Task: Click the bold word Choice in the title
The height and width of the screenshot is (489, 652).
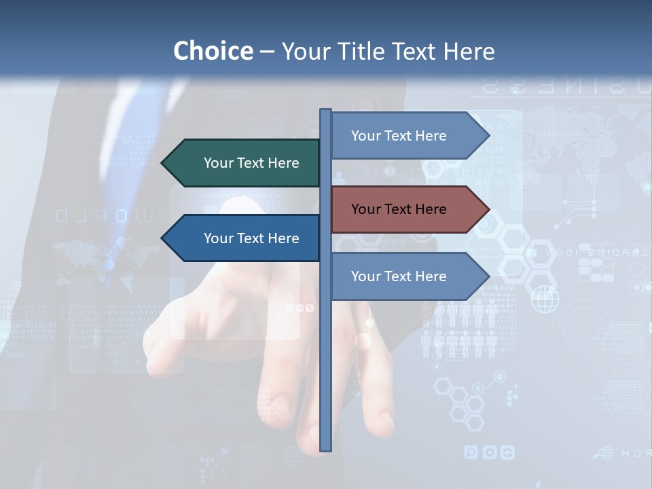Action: tap(213, 51)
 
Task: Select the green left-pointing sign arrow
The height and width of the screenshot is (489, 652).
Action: tap(241, 163)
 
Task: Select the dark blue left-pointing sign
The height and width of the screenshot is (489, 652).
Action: tap(241, 238)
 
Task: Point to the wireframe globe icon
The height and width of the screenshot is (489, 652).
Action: tap(545, 300)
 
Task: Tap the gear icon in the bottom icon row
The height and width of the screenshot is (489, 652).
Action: tap(489, 452)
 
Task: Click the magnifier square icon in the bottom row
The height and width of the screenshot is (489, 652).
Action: tap(471, 452)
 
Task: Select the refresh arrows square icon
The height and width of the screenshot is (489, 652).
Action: tap(507, 452)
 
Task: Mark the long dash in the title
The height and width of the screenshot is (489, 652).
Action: tap(267, 52)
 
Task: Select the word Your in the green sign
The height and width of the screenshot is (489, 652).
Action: tap(218, 163)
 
